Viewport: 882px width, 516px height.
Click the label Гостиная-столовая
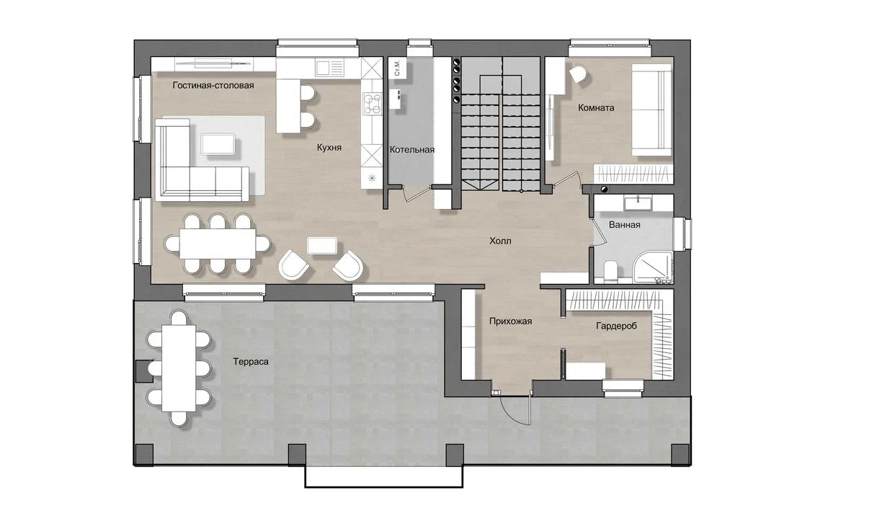coord(213,86)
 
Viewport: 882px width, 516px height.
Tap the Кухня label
coord(329,148)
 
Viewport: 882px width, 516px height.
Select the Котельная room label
coord(412,150)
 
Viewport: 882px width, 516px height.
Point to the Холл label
coord(500,241)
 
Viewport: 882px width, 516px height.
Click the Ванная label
coord(625,225)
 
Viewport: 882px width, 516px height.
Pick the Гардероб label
coord(616,326)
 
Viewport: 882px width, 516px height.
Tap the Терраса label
coord(251,362)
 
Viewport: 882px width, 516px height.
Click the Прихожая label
coord(510,321)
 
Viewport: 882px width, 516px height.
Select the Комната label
coord(596,107)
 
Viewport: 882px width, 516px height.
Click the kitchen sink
coord(330,68)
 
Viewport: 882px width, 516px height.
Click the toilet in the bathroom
coord(611,271)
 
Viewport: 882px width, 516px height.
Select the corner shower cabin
coord(652,267)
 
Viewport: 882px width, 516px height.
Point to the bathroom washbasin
coord(638,203)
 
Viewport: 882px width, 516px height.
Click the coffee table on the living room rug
coord(218,143)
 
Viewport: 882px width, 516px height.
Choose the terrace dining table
coord(179,368)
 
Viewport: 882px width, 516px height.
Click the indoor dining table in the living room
coord(218,244)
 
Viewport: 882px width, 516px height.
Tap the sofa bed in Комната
coord(651,110)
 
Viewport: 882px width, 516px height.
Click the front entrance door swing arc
coord(512,414)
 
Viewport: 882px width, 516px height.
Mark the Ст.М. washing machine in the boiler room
coord(397,68)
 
